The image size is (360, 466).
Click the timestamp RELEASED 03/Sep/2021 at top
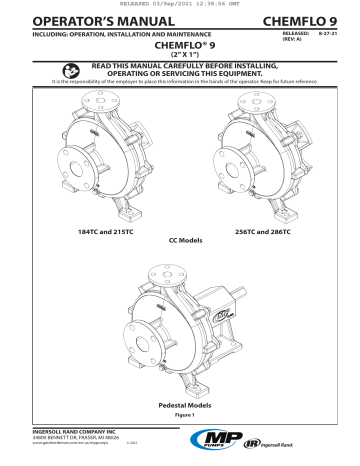point(180,4)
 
